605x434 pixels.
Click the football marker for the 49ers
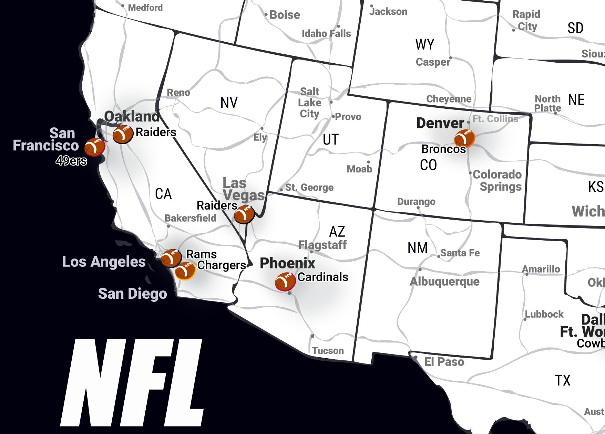pos(95,147)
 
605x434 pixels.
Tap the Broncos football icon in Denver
pos(464,138)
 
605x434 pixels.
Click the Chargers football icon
pos(185,271)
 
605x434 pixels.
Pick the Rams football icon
pos(171,258)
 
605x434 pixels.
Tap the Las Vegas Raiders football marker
pos(244,214)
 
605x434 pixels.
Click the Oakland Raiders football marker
pos(123,134)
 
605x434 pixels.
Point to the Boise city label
pos(285,15)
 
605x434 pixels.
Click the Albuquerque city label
pos(444,282)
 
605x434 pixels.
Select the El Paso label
pos(444,362)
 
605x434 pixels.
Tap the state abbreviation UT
pos(330,139)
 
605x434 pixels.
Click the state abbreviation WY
pos(424,44)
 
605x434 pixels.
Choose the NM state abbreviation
pos(417,248)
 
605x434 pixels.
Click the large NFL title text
pos(132,382)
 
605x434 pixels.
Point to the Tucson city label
pos(328,351)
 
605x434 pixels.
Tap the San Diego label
pos(132,294)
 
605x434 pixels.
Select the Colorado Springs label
pos(497,180)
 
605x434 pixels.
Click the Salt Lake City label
pos(309,103)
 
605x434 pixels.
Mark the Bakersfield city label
pos(190,218)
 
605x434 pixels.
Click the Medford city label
pos(145,7)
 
